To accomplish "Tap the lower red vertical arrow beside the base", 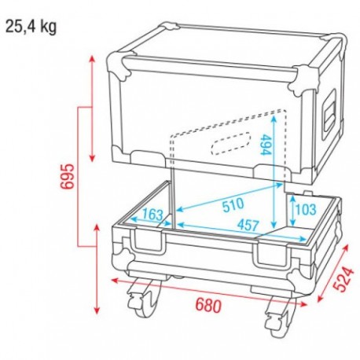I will (x=97, y=267).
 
